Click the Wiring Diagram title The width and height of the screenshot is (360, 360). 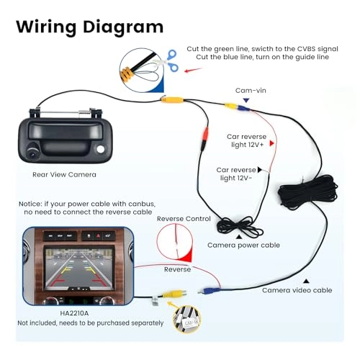click(x=90, y=27)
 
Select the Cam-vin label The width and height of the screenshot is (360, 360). click(x=251, y=90)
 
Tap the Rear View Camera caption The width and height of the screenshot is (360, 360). click(x=64, y=174)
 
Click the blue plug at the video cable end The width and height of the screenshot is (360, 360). click(x=207, y=292)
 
